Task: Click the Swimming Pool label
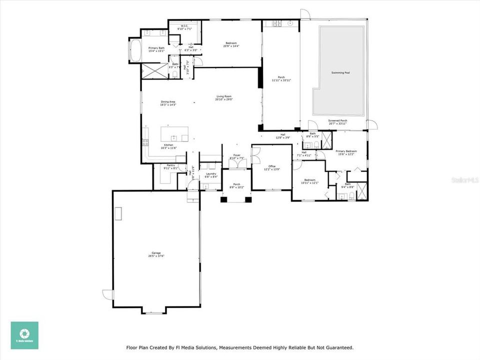point(340,73)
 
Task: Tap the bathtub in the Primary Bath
point(134,50)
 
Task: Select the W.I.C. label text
point(184,25)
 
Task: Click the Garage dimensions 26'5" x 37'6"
point(156,256)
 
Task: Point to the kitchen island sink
point(173,136)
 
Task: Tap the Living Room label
point(224,96)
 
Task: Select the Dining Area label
point(168,101)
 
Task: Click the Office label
point(272,166)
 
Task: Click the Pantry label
point(170,165)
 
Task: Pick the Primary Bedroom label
point(346,151)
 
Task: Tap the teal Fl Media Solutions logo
point(24,335)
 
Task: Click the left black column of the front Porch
point(223,199)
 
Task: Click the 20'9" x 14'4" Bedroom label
point(230,43)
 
